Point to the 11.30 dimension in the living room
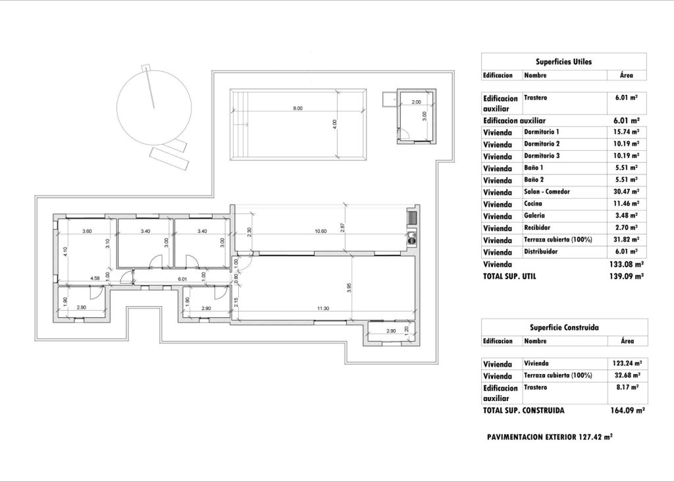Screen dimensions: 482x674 tap(323, 308)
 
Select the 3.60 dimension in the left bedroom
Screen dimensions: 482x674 tap(86, 231)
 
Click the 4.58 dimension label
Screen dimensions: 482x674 tap(95, 279)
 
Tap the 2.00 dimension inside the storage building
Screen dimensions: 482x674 tap(416, 102)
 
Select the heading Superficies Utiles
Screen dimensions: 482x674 tap(564, 62)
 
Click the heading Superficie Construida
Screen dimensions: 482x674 tap(564, 327)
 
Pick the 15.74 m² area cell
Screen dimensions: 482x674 tap(625, 132)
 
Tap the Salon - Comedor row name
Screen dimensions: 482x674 tap(547, 192)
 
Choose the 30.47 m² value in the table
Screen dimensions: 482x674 tap(625, 192)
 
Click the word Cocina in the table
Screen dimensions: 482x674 tap(534, 203)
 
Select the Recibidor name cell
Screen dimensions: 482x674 tap(537, 227)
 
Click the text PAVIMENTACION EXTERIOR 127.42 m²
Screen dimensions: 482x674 tap(550, 437)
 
